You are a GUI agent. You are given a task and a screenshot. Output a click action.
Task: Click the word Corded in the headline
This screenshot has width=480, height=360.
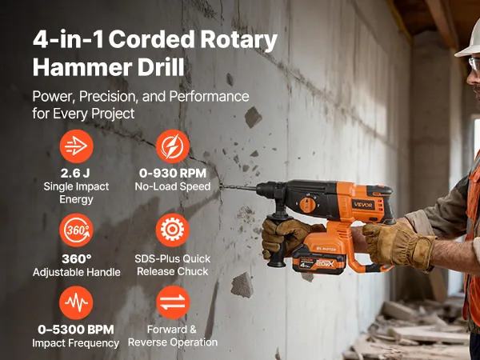coord(152,39)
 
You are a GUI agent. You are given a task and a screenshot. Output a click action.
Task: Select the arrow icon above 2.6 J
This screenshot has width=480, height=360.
coord(76,146)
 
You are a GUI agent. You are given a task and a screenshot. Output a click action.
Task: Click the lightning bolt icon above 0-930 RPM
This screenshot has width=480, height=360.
coord(173,146)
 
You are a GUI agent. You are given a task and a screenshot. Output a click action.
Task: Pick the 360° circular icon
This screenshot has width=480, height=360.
coord(76,230)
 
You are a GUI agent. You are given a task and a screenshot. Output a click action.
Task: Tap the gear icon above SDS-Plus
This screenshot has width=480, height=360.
coord(172,230)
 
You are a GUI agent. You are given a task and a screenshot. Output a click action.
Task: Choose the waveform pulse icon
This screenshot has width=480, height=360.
coord(76,302)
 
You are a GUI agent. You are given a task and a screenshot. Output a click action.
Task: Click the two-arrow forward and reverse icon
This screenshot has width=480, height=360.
coord(173,302)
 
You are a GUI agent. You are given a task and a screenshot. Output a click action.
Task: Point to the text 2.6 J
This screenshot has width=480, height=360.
coord(75,174)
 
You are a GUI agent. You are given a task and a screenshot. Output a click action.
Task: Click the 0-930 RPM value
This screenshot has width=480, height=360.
coord(173,174)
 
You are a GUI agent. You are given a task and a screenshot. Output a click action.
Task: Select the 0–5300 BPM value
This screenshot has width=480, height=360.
coord(76,330)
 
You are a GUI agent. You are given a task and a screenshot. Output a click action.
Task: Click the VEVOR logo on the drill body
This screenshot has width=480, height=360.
coord(362,205)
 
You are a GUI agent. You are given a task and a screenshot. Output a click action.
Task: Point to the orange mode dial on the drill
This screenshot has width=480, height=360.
coord(307,205)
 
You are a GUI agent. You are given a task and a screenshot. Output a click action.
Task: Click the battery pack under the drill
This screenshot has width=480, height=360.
coord(319,261)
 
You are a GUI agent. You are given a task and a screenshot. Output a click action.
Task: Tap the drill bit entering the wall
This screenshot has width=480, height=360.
coord(238,186)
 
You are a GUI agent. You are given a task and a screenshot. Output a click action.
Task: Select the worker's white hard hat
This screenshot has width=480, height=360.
coord(468,46)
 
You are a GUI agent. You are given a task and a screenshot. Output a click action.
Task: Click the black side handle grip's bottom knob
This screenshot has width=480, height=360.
coord(277,262)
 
